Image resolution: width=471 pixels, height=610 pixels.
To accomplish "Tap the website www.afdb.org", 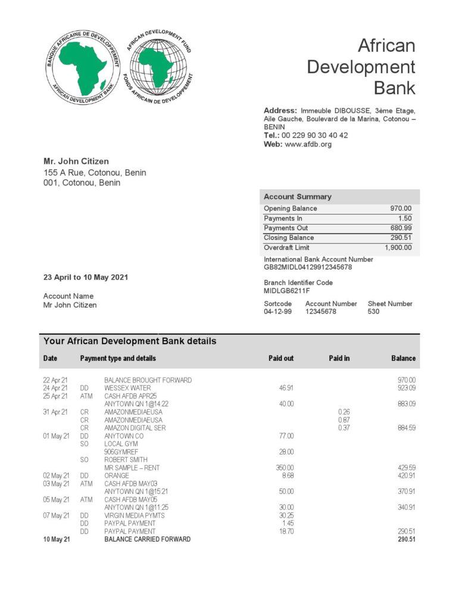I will tap(308, 144).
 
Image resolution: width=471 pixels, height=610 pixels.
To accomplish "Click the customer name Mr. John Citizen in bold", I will tap(76, 161).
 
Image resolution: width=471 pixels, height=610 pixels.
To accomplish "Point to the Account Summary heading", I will tap(298, 197).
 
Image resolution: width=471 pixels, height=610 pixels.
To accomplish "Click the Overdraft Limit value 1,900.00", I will tap(398, 247).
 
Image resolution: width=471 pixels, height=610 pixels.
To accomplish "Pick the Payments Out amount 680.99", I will tap(400, 228).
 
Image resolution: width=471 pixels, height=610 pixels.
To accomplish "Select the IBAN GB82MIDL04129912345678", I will tap(308, 267).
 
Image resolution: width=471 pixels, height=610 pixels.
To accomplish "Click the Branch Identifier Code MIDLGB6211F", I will tap(288, 291).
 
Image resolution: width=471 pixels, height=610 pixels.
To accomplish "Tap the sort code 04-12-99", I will tap(278, 312).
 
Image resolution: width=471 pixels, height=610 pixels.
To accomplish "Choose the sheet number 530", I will tap(373, 312).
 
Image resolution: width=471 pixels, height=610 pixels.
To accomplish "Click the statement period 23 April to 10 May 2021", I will tap(86, 277).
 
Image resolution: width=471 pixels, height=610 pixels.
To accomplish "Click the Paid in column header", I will tap(339, 358).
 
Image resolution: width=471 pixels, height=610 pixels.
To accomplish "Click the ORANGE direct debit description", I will tap(116, 476).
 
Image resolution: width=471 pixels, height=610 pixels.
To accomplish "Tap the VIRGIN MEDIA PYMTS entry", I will tap(134, 515).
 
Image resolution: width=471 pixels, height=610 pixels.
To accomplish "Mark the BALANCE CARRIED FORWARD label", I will tap(148, 539).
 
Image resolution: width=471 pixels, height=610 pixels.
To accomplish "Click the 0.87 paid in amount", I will tap(344, 420).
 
